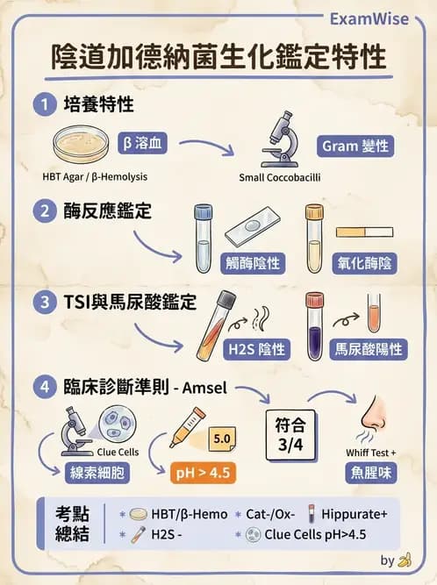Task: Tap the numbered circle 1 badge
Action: coord(42,105)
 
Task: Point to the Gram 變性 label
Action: coord(355,146)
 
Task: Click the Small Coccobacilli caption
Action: coord(283,177)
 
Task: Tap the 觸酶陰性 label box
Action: coord(254,261)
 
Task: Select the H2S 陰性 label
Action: coord(256,349)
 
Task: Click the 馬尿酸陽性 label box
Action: coord(369,349)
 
